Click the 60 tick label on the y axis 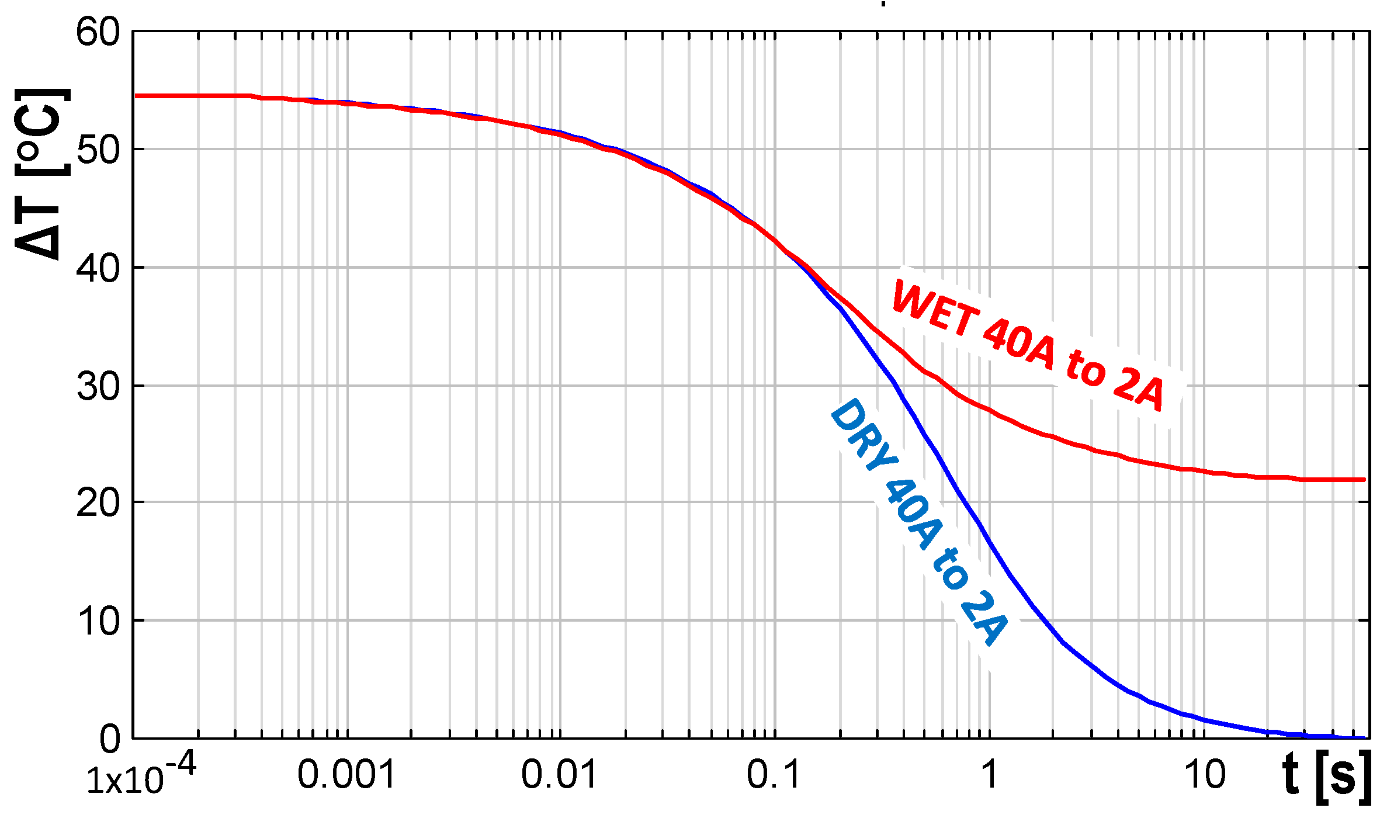point(98,32)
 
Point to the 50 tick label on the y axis point(98,150)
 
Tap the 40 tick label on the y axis point(98,269)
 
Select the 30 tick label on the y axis point(98,386)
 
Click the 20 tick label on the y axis point(98,503)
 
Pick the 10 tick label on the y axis point(98,621)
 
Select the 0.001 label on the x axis point(346,775)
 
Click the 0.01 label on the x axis point(559,775)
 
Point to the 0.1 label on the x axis point(774,775)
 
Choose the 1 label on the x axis point(989,775)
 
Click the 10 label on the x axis point(1205,775)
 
